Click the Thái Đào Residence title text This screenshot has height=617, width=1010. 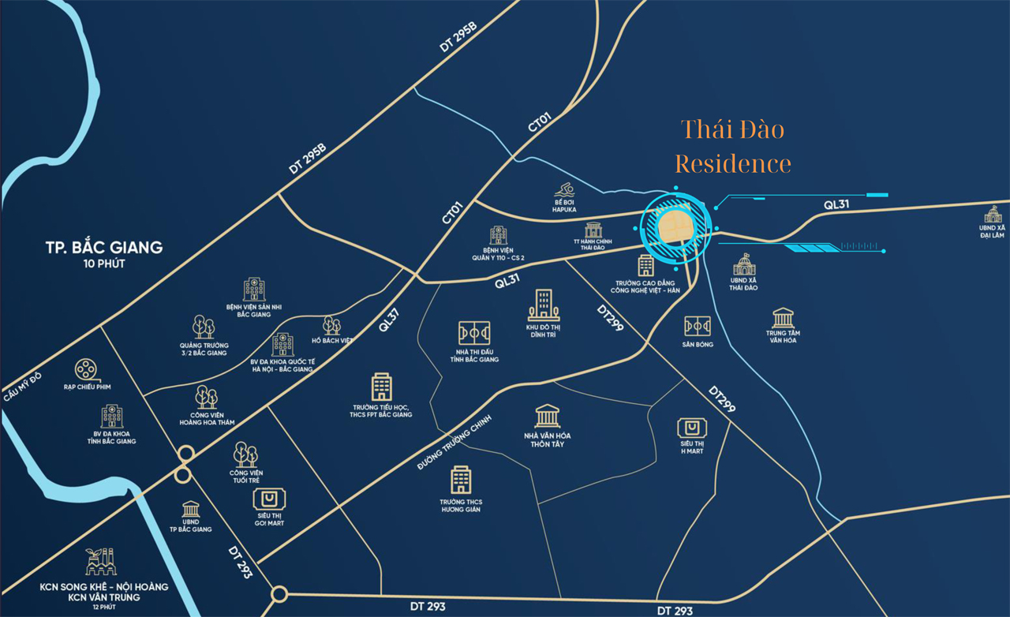pyautogui.click(x=732, y=146)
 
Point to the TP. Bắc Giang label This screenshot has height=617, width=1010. pyautogui.click(x=103, y=247)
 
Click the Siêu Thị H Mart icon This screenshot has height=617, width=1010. pyautogui.click(x=692, y=428)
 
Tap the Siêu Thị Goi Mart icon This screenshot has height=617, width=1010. pyautogui.click(x=269, y=499)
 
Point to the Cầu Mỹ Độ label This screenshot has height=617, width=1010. pyautogui.click(x=21, y=386)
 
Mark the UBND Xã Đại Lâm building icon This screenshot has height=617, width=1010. pyautogui.click(x=992, y=214)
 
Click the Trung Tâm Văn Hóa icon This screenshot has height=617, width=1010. pyautogui.click(x=784, y=317)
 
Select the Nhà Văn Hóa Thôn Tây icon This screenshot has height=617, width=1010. pyautogui.click(x=547, y=416)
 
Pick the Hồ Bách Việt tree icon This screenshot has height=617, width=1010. pyautogui.click(x=331, y=325)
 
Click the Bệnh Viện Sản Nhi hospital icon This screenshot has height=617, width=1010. pyautogui.click(x=254, y=289)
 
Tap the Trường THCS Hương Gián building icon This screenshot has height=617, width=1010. pyautogui.click(x=461, y=480)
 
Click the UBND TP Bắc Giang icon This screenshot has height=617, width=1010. pyautogui.click(x=191, y=509)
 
